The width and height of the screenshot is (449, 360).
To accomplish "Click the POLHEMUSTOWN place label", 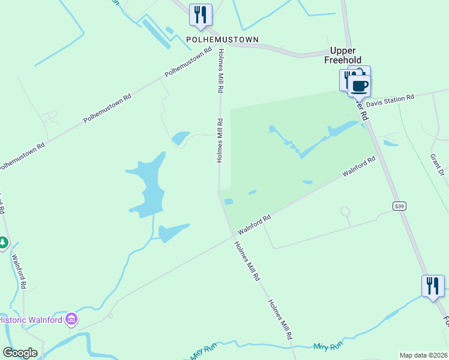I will coord(222,40).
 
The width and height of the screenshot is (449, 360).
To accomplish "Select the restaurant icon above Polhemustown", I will coord(200,15).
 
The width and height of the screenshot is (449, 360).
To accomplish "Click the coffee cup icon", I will coord(359,85).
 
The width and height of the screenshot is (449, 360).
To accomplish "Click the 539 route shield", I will coord(398,206).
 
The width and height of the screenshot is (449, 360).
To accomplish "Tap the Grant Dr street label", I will coord(436,163).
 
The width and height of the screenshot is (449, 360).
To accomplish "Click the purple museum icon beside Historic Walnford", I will coord(71,319).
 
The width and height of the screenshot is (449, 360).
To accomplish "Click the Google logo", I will coord(20,353).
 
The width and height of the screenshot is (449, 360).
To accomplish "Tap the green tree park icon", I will coord(3,242).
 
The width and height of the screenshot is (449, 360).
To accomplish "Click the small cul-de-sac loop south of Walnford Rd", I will coord(345,211).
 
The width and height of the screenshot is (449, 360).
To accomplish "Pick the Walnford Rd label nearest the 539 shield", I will coord(359,166).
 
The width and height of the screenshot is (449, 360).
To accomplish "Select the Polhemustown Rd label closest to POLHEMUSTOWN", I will coord(188,62).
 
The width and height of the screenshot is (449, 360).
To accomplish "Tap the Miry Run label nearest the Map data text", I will coord(328,347).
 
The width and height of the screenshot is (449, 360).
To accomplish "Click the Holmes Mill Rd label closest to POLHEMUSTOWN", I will coord(221,70).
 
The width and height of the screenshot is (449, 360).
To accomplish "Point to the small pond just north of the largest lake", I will coord(180,139).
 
